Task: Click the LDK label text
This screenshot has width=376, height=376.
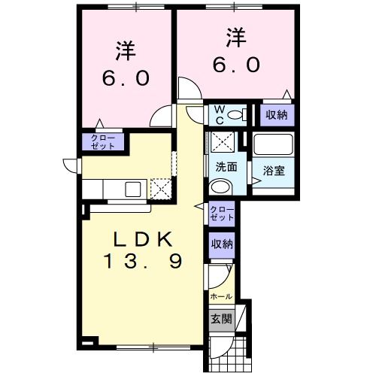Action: click(x=144, y=240)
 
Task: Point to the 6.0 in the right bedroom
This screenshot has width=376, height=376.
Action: click(x=235, y=65)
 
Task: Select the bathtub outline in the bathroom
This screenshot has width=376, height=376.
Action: click(x=272, y=144)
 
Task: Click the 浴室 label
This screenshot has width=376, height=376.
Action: click(x=273, y=171)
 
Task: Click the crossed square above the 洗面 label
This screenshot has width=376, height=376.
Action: click(x=223, y=141)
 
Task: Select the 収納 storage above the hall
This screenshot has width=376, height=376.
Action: click(x=222, y=244)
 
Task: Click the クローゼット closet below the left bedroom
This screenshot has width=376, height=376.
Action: click(x=103, y=141)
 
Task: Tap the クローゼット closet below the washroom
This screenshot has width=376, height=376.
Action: click(x=222, y=212)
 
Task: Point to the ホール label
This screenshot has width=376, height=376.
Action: click(x=221, y=296)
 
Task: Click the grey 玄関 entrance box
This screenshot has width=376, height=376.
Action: click(x=221, y=317)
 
